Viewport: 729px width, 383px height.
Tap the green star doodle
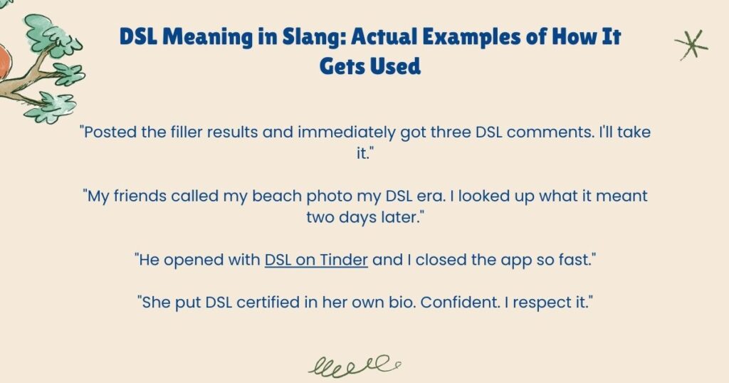[x=691, y=44]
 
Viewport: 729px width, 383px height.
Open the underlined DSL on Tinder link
[x=316, y=260]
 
